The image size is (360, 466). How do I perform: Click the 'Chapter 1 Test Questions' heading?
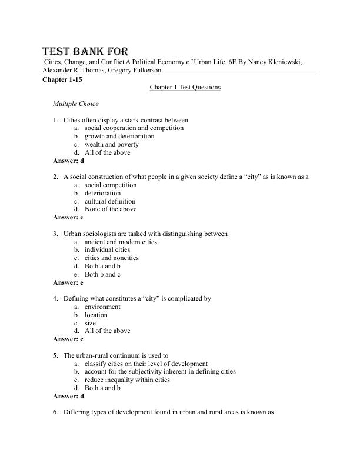click(185, 88)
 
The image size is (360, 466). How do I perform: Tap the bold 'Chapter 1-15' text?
click(61, 79)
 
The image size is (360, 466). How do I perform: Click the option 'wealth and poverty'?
click(112, 144)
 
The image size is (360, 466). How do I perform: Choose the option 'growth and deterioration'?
click(119, 136)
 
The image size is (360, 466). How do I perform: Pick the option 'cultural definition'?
click(110, 201)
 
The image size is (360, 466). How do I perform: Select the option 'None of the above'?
click(111, 209)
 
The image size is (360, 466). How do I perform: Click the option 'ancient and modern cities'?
click(121, 242)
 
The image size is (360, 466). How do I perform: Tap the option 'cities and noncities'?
click(112, 258)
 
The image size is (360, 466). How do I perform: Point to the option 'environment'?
click(102, 307)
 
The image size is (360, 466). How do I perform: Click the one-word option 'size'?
click(90, 323)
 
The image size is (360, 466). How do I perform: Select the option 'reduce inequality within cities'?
click(127, 380)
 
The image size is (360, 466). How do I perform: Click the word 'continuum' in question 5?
click(131, 355)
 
